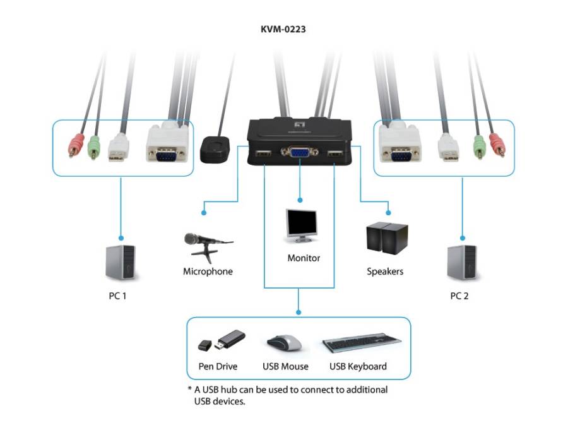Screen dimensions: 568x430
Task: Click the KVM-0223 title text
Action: coord(283,29)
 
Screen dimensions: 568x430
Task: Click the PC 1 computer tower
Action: coord(121,263)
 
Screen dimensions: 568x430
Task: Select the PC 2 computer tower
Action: coord(462,263)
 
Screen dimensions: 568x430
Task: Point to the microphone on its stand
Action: coord(208,246)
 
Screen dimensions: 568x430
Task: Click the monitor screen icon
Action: coord(301,225)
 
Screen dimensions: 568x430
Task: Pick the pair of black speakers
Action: coord(387,238)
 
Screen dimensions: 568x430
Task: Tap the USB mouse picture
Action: coord(285,343)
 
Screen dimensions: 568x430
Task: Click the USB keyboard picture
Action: coord(362,343)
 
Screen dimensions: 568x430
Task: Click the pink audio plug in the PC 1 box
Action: coord(76,145)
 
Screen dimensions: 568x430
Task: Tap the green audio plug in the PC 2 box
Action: coord(480,146)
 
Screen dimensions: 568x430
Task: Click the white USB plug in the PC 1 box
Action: coord(119,147)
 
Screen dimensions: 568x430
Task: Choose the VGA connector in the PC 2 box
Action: coord(400,143)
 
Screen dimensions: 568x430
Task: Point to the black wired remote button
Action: coord(215,149)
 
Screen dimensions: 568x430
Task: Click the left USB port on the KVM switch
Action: coord(264,153)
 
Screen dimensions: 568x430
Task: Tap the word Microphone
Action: coord(208,272)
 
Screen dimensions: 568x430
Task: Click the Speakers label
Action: coord(385,272)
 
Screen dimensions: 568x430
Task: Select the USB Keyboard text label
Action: coord(358,366)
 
